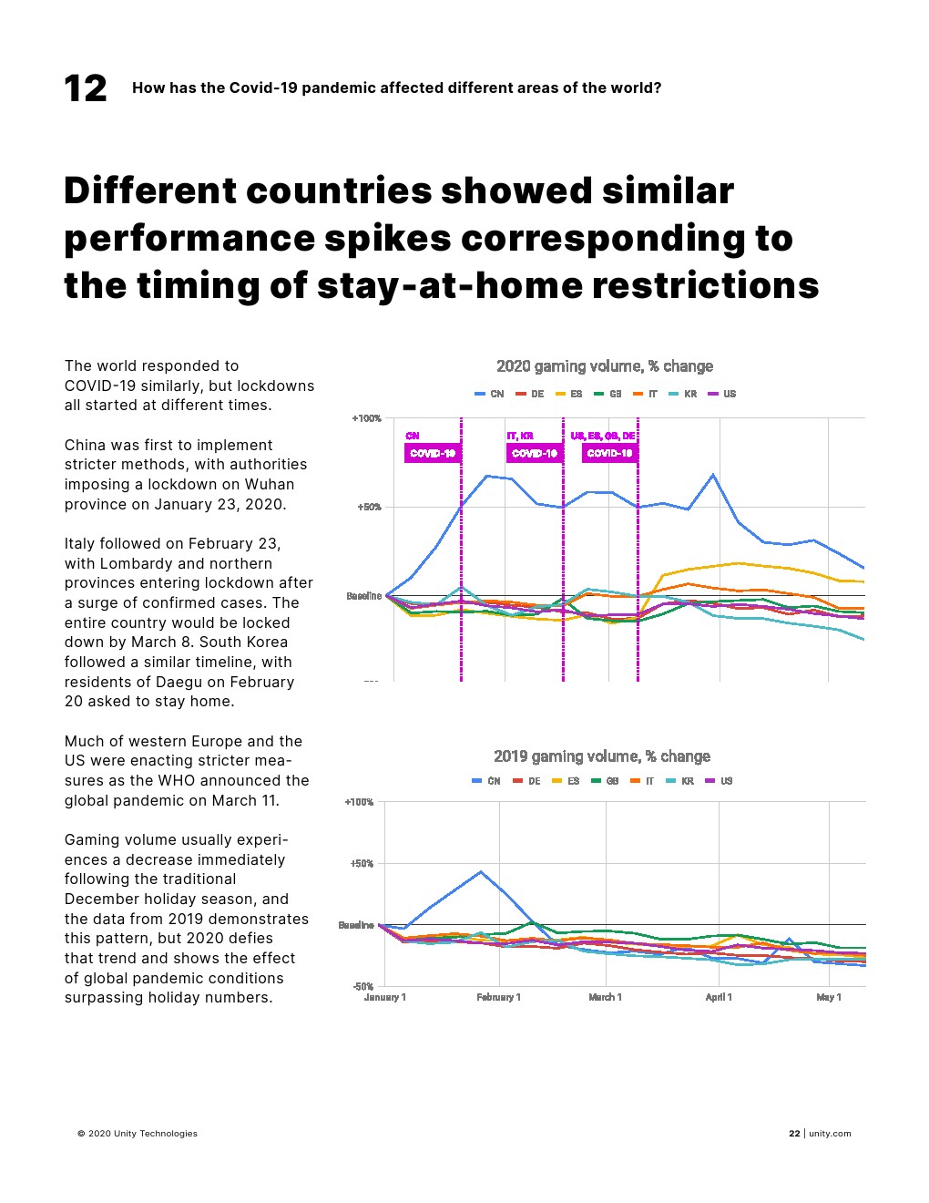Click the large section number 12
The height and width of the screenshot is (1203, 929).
86,88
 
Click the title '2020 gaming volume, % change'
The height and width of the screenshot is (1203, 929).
604,366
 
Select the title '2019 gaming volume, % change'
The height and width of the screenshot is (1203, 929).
601,756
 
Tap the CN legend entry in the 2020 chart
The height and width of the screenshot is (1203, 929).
490,394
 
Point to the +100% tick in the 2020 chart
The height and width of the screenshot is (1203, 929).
366,418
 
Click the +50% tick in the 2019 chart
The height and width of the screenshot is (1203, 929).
362,863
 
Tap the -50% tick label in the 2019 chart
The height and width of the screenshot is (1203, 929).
362,986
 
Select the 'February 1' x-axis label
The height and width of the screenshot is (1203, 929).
498,997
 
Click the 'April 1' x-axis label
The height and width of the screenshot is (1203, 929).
719,997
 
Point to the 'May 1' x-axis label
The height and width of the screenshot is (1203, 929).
829,997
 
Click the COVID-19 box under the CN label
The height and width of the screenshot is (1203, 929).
433,453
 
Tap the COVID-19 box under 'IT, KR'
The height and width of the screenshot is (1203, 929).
535,453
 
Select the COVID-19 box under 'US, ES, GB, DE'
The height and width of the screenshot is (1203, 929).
609,453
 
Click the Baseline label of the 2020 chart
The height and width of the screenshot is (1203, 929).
363,596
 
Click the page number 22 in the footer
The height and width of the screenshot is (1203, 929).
794,1134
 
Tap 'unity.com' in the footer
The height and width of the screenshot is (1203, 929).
830,1134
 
